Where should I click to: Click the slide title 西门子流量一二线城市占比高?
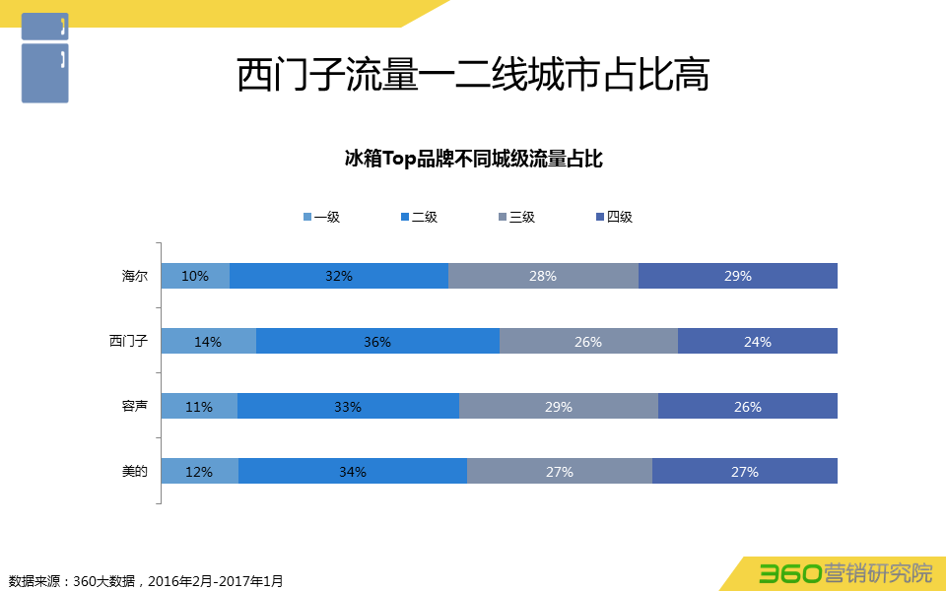pos(473,76)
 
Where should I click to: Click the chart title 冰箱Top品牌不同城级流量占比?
pos(473,159)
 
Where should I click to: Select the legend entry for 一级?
pos(321,217)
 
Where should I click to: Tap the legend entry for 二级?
pos(419,217)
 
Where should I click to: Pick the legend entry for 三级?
pos(516,217)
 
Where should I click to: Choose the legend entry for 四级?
pos(614,217)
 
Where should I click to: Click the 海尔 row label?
pos(135,276)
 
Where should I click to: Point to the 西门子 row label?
pos(128,341)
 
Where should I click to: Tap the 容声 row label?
pos(135,406)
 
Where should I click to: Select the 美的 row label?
pos(135,471)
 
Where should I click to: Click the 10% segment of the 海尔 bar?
pos(195,276)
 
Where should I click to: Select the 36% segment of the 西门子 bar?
pos(377,341)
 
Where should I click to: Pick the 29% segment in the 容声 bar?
pos(559,406)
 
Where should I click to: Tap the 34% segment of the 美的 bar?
pos(353,471)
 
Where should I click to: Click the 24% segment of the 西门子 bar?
pos(758,341)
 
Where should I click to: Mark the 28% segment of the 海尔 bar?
pos(543,276)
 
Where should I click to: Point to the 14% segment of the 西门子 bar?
pos(208,341)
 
